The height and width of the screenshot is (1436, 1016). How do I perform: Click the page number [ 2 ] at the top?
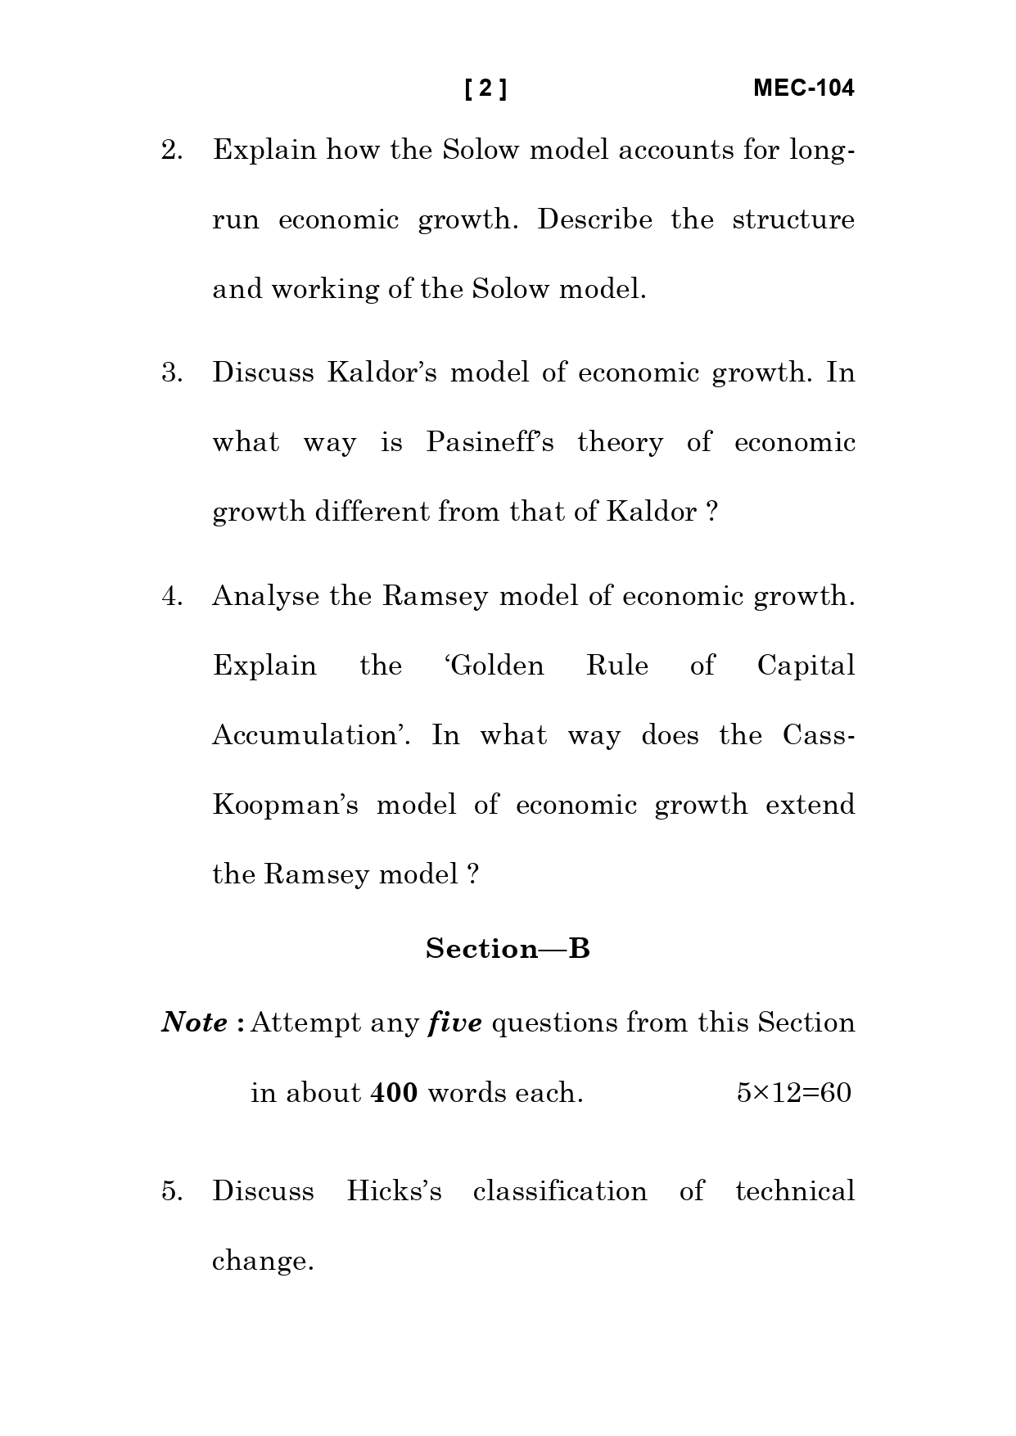(485, 88)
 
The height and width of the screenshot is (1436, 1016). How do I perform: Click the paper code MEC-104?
(803, 88)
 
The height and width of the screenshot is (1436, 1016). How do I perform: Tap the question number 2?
(172, 151)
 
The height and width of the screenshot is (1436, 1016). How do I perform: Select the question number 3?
(172, 373)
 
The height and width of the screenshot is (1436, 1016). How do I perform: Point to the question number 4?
(172, 596)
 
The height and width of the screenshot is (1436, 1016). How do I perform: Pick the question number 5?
(172, 1191)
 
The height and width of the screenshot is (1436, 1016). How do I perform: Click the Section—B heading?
(508, 949)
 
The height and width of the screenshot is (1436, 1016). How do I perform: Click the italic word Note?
(195, 1023)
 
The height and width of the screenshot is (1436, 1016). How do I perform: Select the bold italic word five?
(455, 1023)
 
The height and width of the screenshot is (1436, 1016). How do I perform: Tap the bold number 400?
(394, 1093)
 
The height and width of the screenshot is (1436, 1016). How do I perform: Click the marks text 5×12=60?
(793, 1093)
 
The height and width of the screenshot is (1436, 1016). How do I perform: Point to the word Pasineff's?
(490, 443)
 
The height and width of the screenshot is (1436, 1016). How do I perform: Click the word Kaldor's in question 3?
(382, 373)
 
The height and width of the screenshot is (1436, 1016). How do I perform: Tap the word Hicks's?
(394, 1191)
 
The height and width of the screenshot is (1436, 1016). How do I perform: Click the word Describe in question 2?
(594, 220)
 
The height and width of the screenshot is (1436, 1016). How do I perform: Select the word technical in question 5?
(794, 1191)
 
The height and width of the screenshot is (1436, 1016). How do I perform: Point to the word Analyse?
(265, 596)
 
